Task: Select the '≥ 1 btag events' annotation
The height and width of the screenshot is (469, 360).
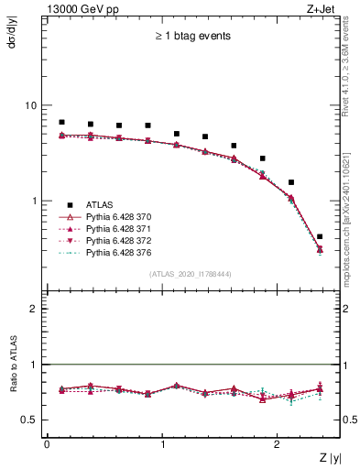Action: (191, 37)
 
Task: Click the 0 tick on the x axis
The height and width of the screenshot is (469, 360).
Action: (47, 444)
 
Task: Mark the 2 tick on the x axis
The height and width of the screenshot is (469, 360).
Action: (278, 444)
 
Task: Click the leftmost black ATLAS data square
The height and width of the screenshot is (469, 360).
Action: (61, 122)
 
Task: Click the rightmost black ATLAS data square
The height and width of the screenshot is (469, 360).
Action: (320, 236)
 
